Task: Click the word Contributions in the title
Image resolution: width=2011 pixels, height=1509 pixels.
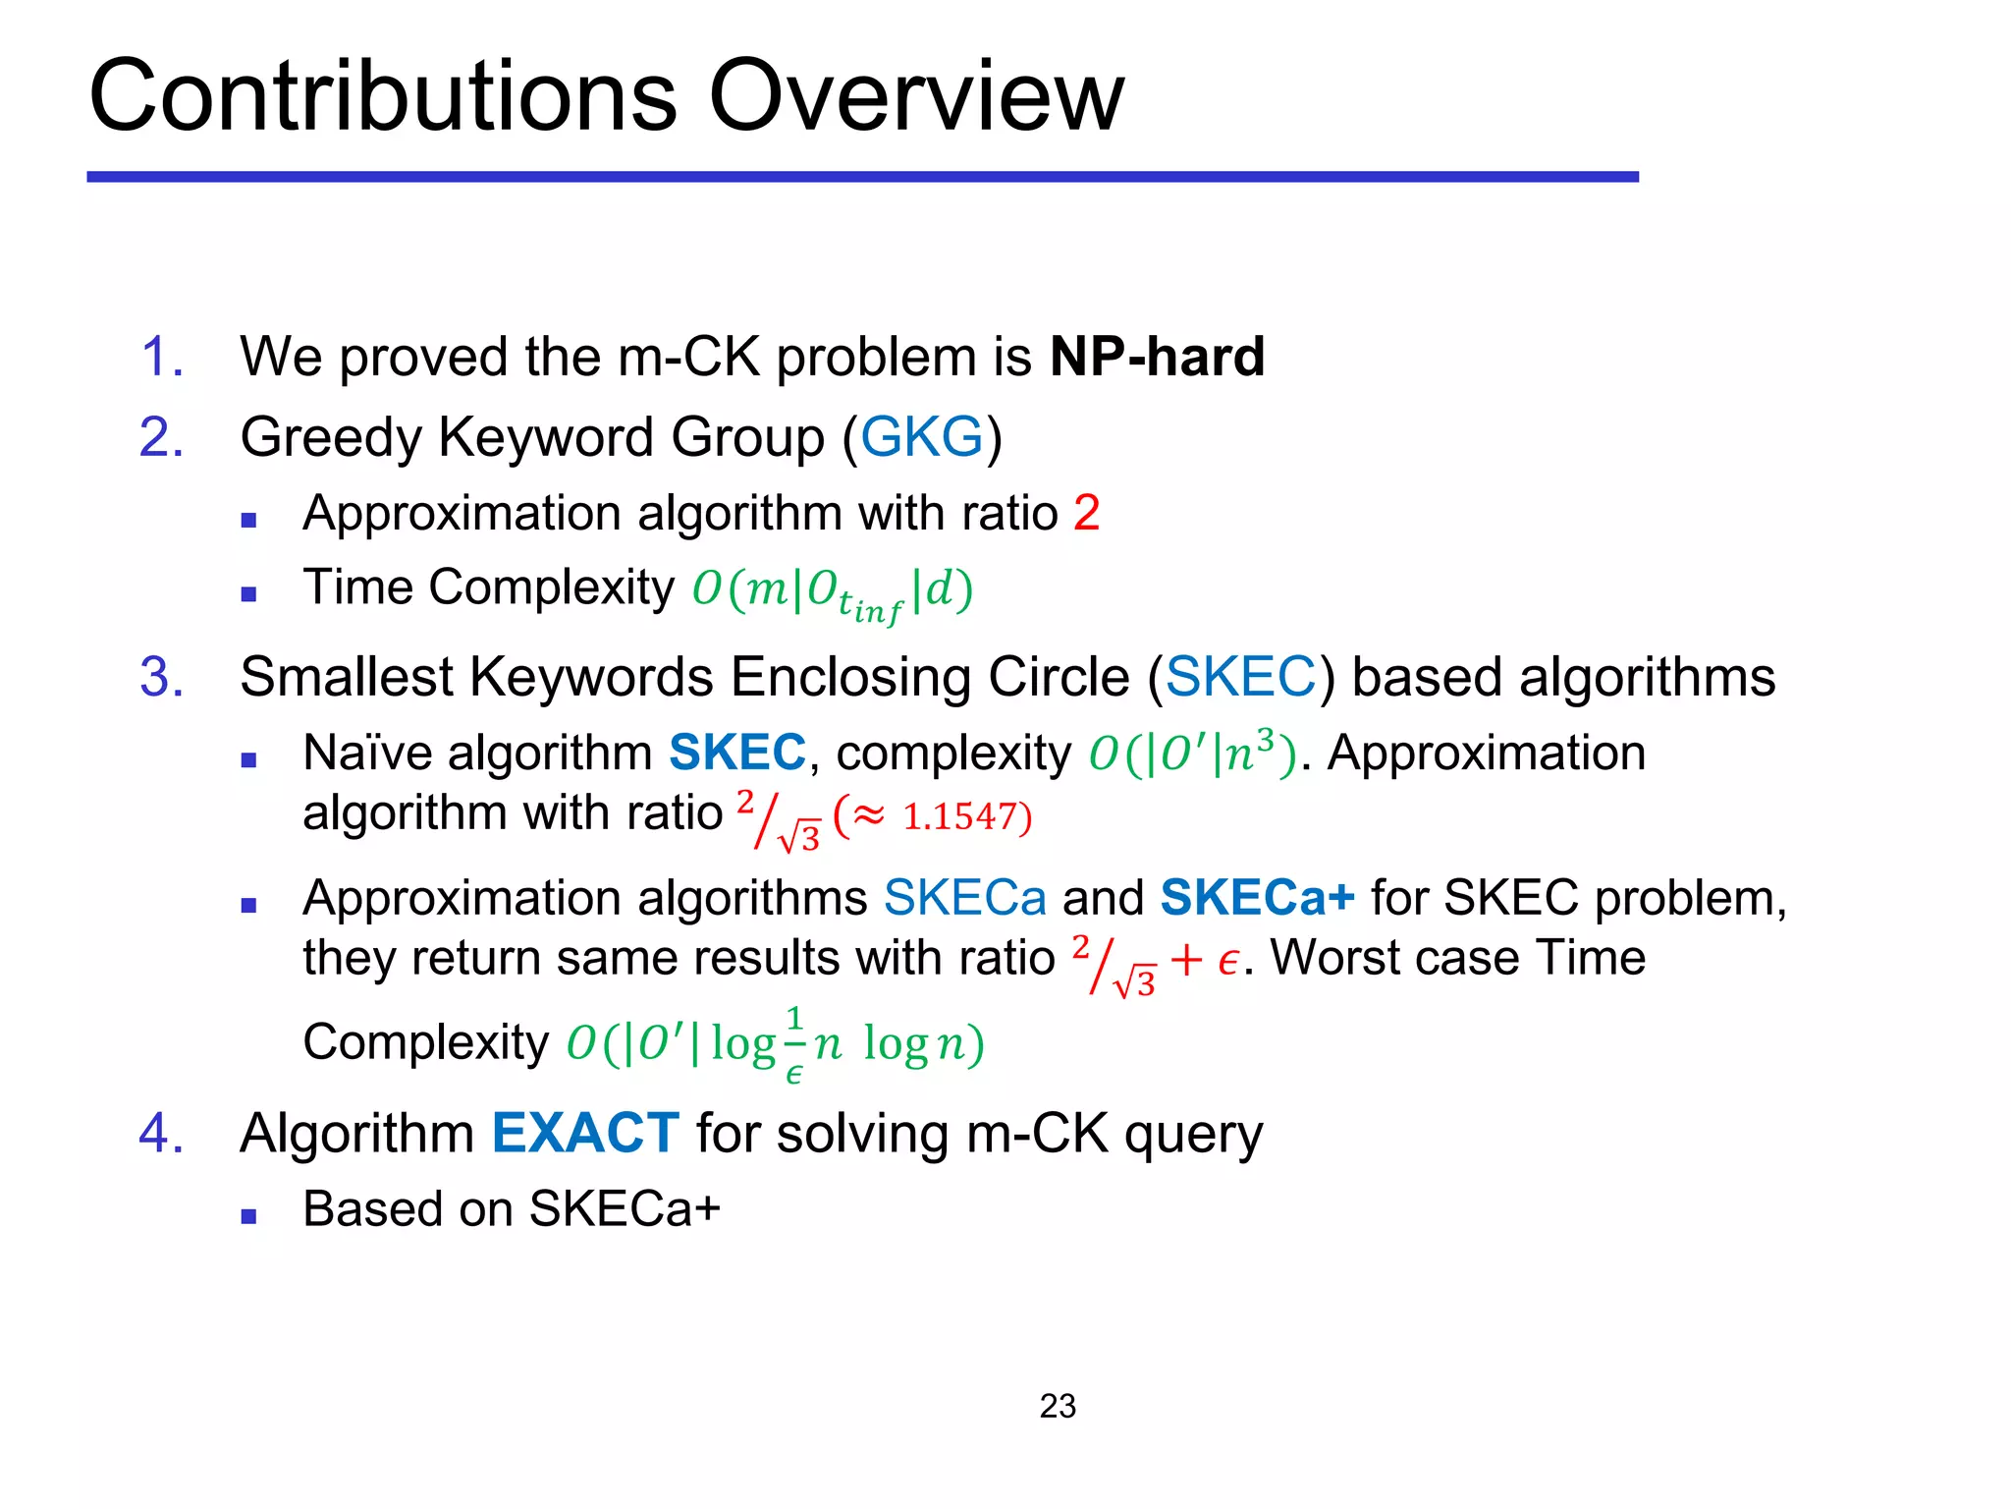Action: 383,95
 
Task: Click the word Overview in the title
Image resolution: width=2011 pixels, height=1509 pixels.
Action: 915,95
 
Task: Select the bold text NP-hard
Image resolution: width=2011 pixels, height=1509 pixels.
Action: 1157,356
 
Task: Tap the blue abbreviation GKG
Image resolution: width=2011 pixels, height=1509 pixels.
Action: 921,437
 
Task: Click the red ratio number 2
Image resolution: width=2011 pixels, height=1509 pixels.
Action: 1086,513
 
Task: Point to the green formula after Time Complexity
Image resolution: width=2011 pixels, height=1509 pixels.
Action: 832,590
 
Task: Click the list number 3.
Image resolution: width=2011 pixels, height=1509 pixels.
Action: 161,677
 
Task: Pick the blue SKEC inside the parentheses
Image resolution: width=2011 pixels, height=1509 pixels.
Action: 1240,677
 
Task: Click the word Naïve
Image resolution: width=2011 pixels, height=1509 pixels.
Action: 379,753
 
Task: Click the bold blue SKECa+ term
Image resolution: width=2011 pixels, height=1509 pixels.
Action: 1257,897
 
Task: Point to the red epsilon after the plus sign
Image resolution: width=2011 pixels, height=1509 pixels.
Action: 1227,960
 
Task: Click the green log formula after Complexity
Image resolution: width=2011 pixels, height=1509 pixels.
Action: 775,1043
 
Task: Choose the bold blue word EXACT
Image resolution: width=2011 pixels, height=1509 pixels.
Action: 585,1133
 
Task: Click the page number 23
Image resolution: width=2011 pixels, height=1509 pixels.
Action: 1058,1406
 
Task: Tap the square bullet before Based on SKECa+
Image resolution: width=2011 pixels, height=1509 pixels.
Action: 248,1216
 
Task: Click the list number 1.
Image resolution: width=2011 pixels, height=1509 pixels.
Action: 162,356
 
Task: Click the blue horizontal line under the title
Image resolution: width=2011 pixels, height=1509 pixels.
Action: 862,177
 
